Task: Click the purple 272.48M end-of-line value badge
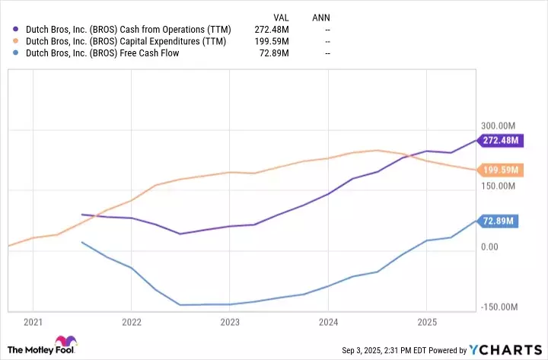point(501,140)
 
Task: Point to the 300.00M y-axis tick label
point(499,126)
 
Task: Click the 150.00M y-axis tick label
point(499,186)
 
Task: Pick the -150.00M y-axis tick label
point(499,307)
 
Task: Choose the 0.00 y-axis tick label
point(489,247)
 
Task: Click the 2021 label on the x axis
point(33,322)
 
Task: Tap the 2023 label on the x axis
point(230,322)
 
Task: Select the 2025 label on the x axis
point(427,322)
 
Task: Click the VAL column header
point(282,16)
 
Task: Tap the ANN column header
point(321,16)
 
